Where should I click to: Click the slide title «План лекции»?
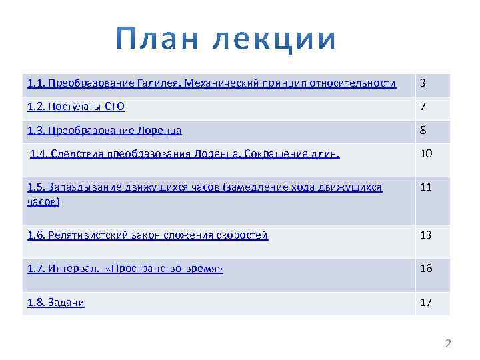pos(227,40)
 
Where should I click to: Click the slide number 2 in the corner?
pos(448,344)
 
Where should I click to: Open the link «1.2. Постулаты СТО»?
pos(76,107)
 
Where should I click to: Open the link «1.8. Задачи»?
pos(56,303)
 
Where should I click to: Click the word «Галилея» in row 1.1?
pos(157,84)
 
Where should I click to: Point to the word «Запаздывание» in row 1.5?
pos(87,187)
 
